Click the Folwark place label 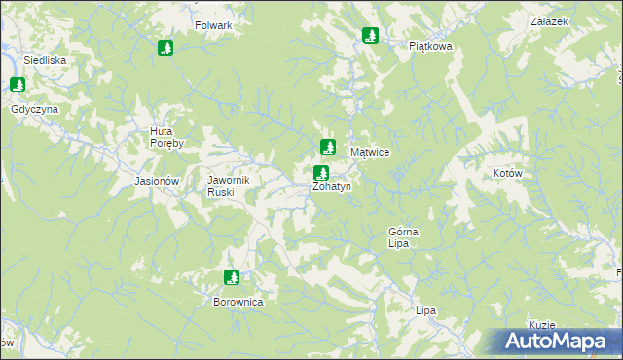(x=213, y=25)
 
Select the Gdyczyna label (x=35, y=109)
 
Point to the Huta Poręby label (x=173, y=137)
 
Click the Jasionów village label (x=157, y=181)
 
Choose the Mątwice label (x=370, y=153)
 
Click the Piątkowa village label (x=431, y=45)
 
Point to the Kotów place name (x=508, y=173)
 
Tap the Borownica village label (x=238, y=302)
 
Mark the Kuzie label (x=542, y=325)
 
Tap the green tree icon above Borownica (x=232, y=278)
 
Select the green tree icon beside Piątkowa (x=370, y=36)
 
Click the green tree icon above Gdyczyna (x=17, y=86)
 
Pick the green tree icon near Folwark (x=165, y=48)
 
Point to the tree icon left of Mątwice (x=328, y=148)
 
